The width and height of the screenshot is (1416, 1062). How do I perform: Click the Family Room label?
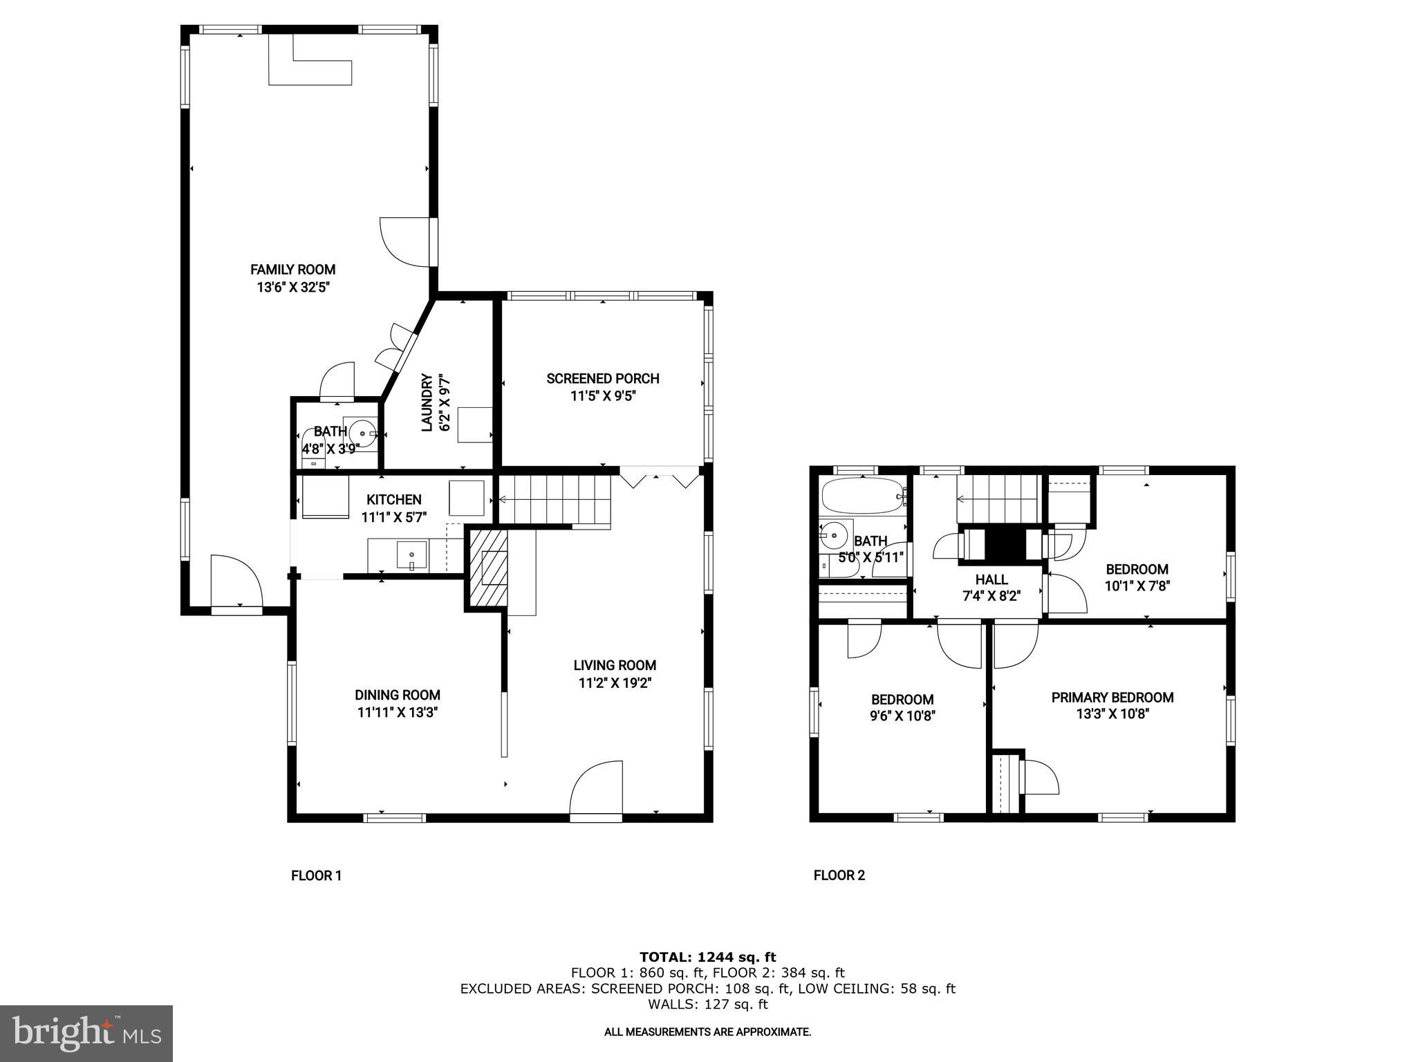click(292, 270)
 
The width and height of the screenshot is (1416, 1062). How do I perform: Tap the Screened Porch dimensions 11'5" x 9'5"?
click(602, 396)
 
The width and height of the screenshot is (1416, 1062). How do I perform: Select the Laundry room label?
click(427, 403)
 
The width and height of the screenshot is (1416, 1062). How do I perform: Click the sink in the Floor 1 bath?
click(361, 434)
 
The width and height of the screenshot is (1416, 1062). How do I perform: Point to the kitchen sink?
click(412, 555)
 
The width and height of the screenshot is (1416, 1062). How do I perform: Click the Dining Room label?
click(397, 695)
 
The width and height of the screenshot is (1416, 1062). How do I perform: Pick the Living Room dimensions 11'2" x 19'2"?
click(615, 683)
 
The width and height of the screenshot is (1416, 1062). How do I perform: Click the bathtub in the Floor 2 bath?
click(861, 496)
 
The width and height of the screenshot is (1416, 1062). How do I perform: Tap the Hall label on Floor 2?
click(991, 579)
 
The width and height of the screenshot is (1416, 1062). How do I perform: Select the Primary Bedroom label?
click(1112, 698)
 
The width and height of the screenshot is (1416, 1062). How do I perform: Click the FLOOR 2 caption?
click(839, 875)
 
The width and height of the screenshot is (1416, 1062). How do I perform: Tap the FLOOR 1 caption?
click(316, 875)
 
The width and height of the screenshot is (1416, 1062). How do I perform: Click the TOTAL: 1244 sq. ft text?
click(707, 957)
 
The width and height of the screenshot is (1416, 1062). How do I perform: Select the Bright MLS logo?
click(86, 1033)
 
